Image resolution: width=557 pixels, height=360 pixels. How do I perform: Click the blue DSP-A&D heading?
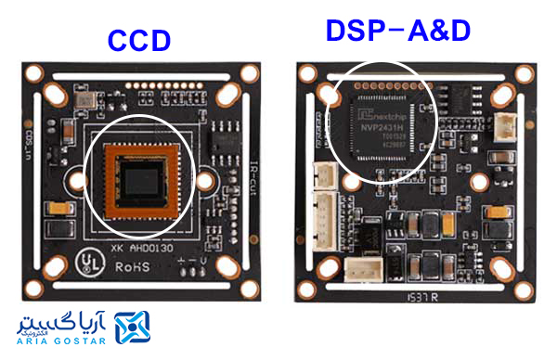397,30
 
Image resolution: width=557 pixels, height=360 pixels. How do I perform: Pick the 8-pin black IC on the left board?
224,144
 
